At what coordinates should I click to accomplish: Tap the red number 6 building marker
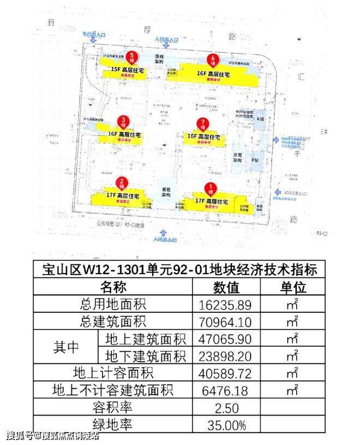[214, 60]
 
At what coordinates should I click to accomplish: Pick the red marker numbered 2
[123, 183]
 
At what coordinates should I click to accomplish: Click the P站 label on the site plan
[255, 160]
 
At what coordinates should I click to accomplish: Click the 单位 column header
[293, 287]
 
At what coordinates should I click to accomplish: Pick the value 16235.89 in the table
[225, 304]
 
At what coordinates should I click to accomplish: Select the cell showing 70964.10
[225, 321]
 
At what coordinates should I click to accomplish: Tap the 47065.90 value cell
[225, 338]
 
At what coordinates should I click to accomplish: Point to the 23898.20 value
[225, 355]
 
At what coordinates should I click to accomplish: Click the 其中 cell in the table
[65, 347]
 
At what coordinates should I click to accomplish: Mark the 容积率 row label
[113, 407]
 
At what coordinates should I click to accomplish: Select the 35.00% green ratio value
[225, 424]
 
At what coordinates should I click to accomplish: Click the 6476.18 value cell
[225, 390]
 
